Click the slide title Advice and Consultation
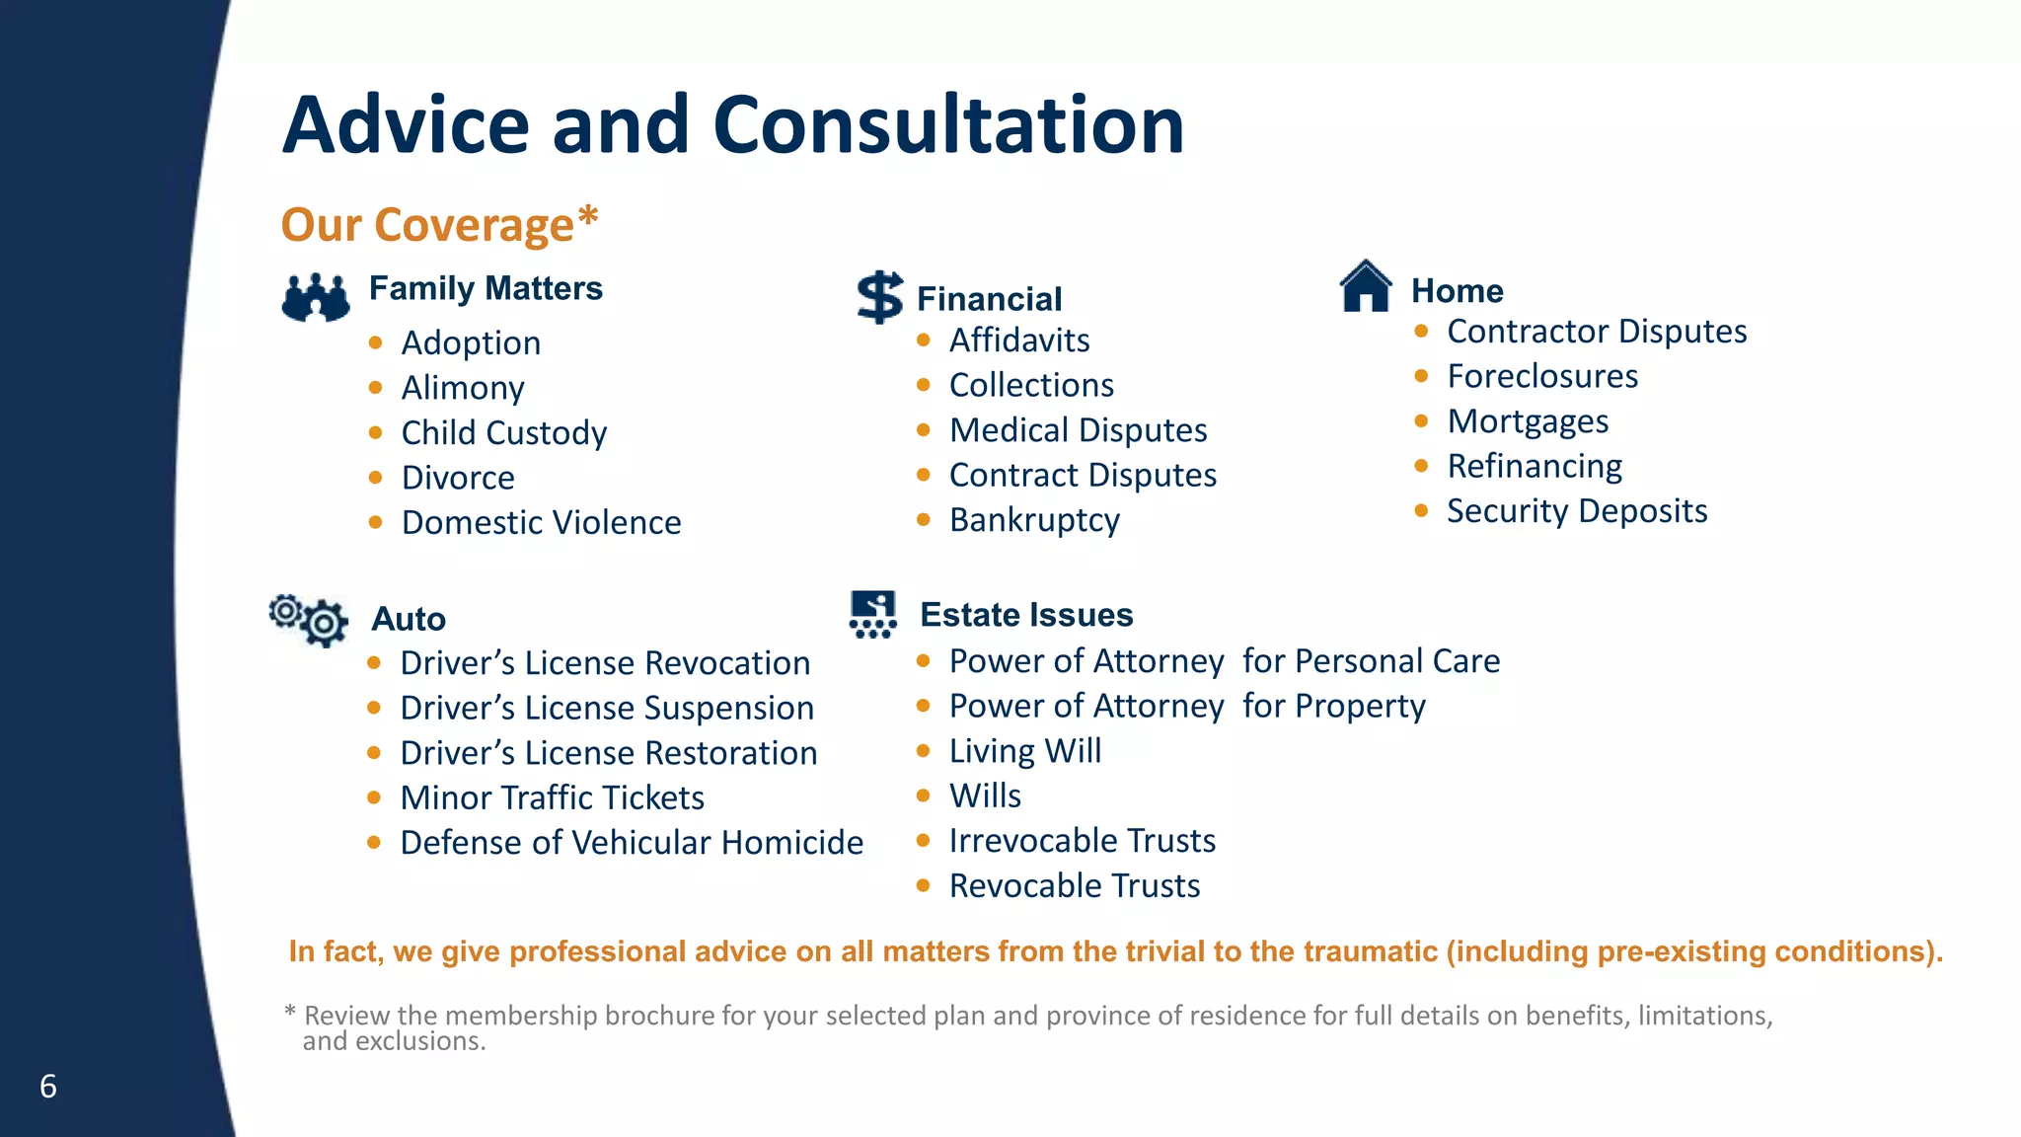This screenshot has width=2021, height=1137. [732, 125]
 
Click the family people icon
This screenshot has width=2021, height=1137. [316, 297]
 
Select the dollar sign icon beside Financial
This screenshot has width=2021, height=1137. [879, 297]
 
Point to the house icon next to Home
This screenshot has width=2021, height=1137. [1366, 286]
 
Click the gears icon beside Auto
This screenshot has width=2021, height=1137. [309, 620]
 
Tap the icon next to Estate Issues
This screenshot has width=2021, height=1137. [873, 614]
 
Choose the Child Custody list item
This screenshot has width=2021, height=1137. [503, 432]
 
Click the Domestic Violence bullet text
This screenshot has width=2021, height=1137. [541, 522]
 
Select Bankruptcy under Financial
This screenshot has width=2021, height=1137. [1034, 520]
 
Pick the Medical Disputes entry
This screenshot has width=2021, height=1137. [1078, 430]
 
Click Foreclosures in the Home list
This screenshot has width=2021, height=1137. [1542, 376]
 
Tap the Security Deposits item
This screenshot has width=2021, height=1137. [1577, 511]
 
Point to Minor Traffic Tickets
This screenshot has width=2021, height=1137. [553, 797]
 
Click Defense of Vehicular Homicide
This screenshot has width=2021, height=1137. [632, 843]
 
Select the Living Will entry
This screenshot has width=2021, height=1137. [1025, 751]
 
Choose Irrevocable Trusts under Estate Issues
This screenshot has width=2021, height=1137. [1083, 841]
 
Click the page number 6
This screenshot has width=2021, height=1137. [48, 1087]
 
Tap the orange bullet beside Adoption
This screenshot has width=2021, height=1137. [376, 342]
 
